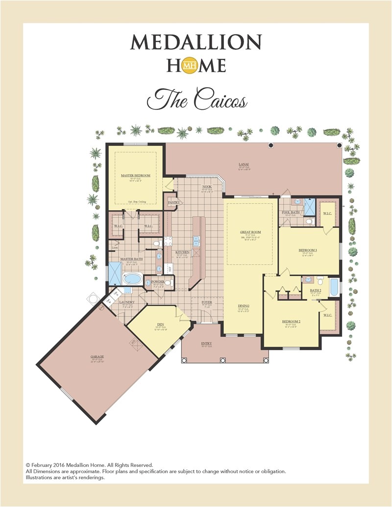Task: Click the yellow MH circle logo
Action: tap(190, 65)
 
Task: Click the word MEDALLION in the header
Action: tap(196, 43)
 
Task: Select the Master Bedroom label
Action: tap(135, 175)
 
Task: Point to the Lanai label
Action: tap(244, 165)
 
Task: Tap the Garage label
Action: tap(98, 357)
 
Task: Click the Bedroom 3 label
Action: tap(308, 250)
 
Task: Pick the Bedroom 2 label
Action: tap(291, 322)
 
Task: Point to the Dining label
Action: tap(244, 306)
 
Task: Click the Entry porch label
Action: tap(207, 343)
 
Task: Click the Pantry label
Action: tap(174, 202)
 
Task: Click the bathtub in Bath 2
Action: tap(334, 287)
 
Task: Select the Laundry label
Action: tap(127, 303)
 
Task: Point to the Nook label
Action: tap(207, 187)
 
